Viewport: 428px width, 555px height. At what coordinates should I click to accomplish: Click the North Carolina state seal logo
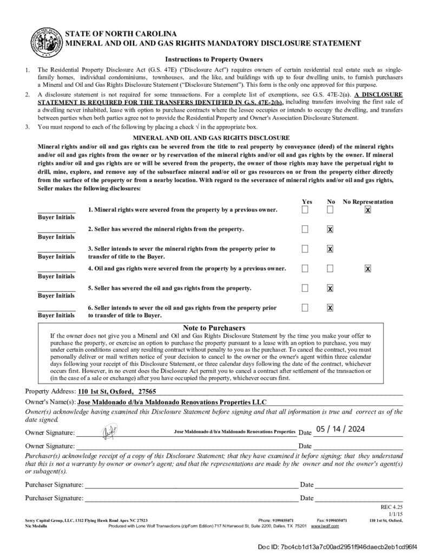tap(47, 42)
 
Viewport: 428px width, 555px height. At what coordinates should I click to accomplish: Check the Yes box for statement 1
tap(305, 210)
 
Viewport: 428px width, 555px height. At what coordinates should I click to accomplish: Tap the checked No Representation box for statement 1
tap(368, 210)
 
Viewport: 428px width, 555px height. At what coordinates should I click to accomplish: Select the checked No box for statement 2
tap(330, 229)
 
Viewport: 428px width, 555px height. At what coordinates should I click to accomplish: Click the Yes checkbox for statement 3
tap(305, 249)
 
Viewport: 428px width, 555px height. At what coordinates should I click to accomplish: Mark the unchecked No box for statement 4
tap(330, 268)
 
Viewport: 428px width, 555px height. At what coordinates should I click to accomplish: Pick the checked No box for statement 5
tap(330, 288)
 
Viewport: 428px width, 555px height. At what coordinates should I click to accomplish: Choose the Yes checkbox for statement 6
tap(305, 307)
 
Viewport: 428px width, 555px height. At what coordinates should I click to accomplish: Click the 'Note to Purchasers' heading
tap(214, 328)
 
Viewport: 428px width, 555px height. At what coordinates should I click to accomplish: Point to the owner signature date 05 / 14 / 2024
tap(341, 429)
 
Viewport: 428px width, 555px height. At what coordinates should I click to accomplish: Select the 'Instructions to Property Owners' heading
tap(214, 59)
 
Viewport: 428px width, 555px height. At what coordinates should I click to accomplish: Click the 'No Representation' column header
tap(368, 202)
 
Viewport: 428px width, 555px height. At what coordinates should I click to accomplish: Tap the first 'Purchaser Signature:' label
tap(54, 485)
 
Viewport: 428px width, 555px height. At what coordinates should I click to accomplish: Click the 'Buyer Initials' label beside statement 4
tap(56, 276)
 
